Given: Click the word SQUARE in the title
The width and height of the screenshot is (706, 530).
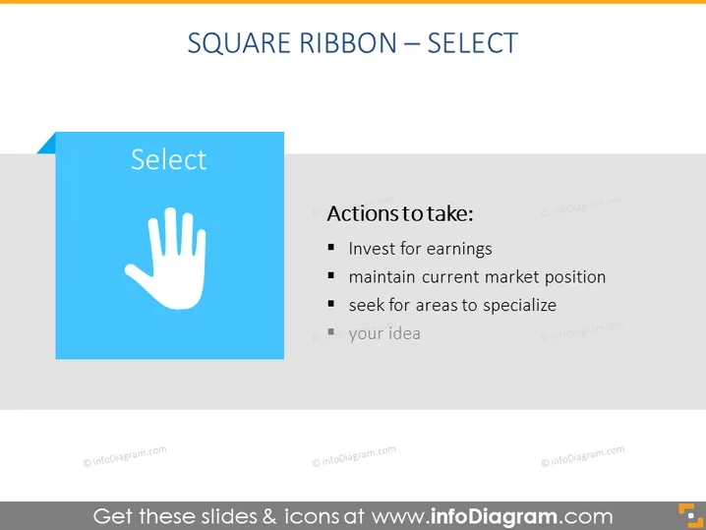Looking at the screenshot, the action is click(239, 43).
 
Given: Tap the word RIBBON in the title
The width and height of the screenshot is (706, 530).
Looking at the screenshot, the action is click(348, 43).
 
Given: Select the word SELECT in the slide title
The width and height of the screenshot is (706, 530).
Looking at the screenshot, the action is click(472, 43).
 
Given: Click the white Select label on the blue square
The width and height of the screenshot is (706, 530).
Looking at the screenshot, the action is click(169, 159).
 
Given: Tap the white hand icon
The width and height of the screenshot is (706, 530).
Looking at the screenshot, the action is click(166, 259).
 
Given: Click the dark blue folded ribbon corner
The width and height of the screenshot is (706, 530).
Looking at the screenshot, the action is click(47, 145).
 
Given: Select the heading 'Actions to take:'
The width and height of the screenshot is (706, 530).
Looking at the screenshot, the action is click(400, 213).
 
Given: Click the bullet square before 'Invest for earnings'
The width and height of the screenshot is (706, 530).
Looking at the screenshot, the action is click(331, 247).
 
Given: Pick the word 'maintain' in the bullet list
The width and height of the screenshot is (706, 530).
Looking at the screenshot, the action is click(382, 277).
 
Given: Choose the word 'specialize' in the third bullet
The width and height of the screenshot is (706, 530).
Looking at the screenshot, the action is click(519, 306).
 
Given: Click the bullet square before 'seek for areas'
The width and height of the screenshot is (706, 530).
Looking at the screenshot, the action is click(331, 304).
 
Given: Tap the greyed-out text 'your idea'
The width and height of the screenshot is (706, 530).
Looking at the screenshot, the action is click(384, 334).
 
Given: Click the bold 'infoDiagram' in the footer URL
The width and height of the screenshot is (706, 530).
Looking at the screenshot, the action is click(494, 516).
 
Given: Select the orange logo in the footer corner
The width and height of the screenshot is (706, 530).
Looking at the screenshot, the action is click(690, 515).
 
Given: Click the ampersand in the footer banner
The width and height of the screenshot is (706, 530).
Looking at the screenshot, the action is click(269, 516).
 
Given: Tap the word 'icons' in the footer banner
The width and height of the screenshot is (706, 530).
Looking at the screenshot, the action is click(312, 516).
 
